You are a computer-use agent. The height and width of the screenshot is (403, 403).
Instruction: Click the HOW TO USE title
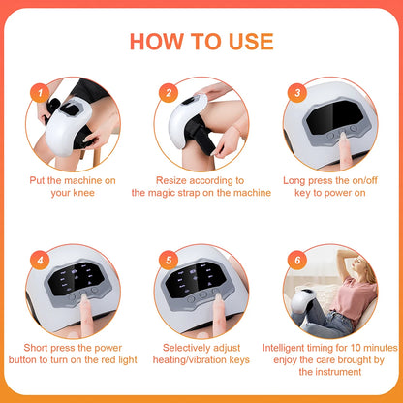coord(201,41)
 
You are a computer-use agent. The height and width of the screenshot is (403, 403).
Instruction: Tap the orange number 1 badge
coord(39,93)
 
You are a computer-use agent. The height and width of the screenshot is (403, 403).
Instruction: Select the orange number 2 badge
coord(169,93)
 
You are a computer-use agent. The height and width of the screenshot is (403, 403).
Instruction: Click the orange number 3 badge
coord(297,93)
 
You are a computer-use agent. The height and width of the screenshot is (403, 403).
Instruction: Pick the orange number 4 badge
coord(39,261)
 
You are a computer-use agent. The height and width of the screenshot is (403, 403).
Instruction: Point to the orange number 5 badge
coord(169,261)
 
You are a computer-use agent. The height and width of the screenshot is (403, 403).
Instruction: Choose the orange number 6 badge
coord(297,261)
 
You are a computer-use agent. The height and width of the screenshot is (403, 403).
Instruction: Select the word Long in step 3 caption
coord(297,179)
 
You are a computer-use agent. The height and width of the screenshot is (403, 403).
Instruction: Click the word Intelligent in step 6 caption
coord(289,346)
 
